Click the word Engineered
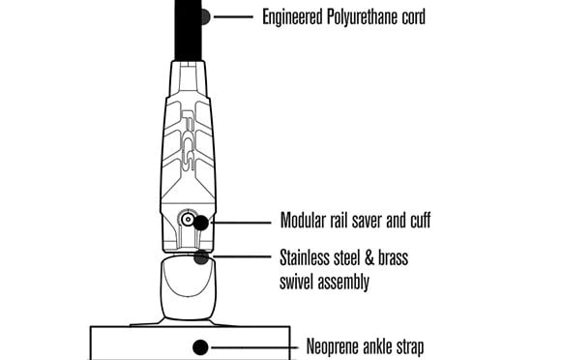click(292, 17)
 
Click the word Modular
click(303, 220)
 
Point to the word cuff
click(420, 220)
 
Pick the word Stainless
click(305, 258)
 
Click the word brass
click(394, 258)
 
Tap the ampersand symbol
click(369, 258)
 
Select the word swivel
click(296, 282)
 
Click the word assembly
click(343, 283)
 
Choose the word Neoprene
click(333, 347)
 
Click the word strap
click(410, 347)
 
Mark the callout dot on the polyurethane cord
click(205, 16)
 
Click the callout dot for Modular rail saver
click(201, 223)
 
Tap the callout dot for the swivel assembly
click(201, 257)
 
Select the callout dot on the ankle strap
click(200, 347)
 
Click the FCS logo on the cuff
click(188, 140)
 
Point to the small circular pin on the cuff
click(188, 219)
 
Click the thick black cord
click(189, 30)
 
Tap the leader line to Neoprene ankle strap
click(254, 347)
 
